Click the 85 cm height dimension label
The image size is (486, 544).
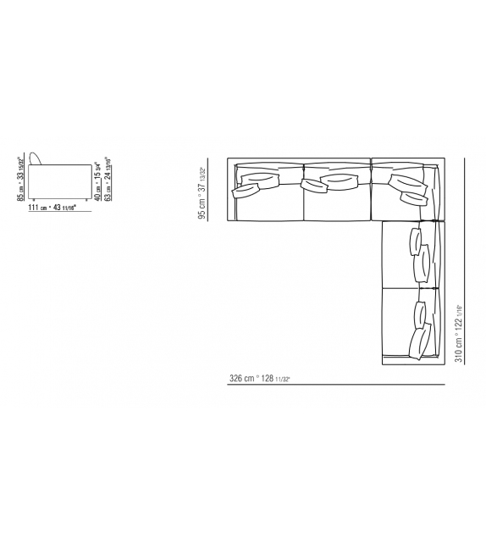20,179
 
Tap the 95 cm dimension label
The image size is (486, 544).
202,192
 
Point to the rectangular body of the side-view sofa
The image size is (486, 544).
58,180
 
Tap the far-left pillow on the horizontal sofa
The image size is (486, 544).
246,192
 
